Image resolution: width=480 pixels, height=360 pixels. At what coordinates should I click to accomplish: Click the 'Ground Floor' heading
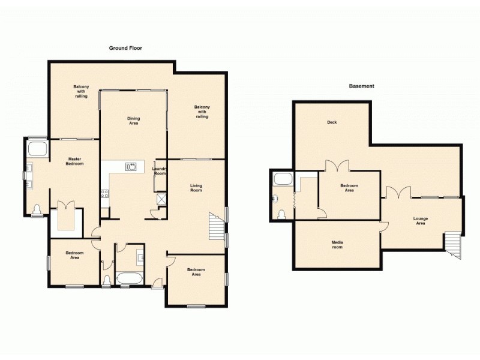point(125,47)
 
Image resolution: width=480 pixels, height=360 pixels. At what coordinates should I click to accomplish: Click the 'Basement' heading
point(361,86)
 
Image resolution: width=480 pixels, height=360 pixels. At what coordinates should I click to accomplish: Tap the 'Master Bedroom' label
point(74,161)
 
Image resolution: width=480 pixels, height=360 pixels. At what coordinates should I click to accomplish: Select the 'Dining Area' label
point(133,120)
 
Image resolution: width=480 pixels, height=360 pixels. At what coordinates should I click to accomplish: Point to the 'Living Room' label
point(196,188)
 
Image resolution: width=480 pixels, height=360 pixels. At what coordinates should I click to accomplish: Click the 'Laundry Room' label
point(160,171)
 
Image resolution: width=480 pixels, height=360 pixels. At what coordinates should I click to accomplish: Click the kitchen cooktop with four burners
point(104,193)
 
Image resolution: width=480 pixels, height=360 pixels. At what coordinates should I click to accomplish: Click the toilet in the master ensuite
point(38,209)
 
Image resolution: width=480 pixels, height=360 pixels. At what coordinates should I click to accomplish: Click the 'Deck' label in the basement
point(332,122)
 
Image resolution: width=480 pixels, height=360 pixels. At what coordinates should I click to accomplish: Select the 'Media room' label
point(337,245)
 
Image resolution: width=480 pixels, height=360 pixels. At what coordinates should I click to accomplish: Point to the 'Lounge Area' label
point(421,221)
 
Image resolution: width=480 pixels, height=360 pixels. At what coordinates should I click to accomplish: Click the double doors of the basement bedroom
point(336,166)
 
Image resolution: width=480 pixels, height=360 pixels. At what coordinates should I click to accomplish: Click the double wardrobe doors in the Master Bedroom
point(65,206)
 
